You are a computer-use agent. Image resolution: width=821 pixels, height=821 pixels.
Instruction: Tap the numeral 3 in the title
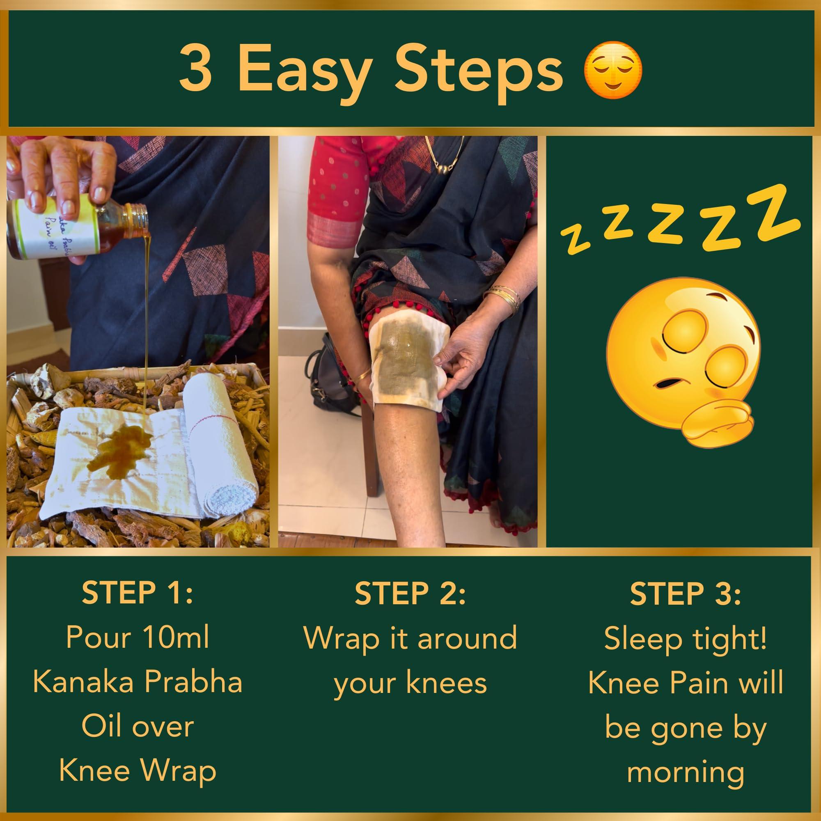coord(196,69)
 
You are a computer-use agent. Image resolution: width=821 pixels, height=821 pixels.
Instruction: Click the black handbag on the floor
coord(329,378)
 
